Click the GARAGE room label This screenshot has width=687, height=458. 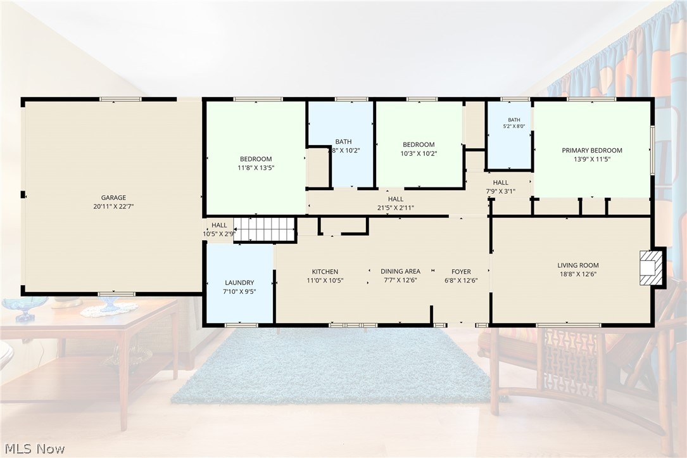113,198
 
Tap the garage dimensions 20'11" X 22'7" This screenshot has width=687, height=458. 113,207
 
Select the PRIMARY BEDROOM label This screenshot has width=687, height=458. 592,150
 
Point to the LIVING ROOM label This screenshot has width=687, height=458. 578,265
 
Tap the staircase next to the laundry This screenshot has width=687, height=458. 264,229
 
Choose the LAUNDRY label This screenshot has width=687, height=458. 239,283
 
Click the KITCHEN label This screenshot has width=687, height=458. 325,272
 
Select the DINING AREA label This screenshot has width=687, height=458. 400,272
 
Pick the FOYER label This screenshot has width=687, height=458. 461,272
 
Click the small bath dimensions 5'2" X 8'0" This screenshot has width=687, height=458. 514,126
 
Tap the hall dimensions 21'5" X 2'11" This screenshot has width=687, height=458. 396,208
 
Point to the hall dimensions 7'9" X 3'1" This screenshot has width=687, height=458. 500,191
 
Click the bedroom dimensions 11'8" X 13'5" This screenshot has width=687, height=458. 256,167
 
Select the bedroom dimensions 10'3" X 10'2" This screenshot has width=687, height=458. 419,153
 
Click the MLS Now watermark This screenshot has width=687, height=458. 35,448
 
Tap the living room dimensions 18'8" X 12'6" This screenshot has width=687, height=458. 578,274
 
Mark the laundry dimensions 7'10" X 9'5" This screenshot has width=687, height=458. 239,291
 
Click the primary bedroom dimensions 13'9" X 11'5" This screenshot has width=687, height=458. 592,160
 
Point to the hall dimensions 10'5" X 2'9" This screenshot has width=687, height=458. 219,234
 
